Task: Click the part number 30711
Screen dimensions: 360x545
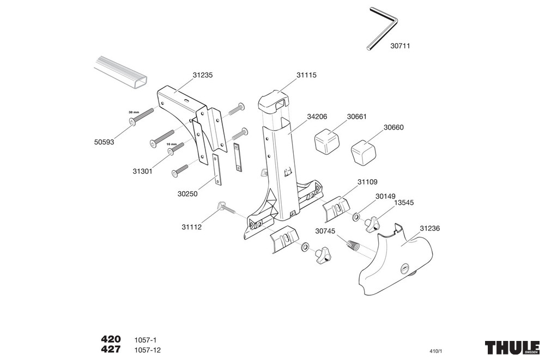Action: point(400,46)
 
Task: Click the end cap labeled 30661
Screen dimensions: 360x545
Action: point(326,142)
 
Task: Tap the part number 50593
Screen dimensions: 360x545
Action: point(104,143)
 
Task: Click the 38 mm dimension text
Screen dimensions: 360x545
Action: point(134,112)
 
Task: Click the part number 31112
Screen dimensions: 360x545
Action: point(192,227)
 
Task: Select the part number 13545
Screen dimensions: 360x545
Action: point(404,202)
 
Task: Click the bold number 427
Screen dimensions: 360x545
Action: point(111,350)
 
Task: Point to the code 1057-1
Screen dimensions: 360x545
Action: point(145,339)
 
